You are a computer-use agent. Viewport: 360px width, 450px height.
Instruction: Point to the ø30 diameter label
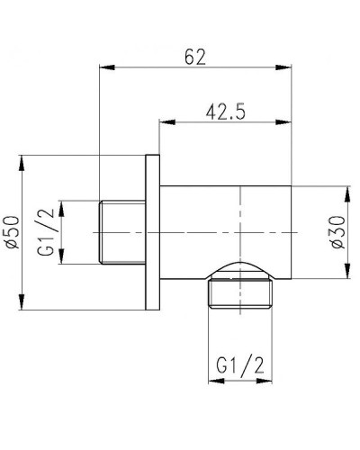[x=338, y=231]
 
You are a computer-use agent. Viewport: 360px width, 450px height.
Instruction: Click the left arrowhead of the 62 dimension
[x=103, y=67]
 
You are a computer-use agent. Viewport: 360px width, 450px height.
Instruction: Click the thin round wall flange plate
[x=150, y=231]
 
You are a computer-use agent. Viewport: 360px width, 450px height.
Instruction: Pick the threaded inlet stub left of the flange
[x=119, y=231]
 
